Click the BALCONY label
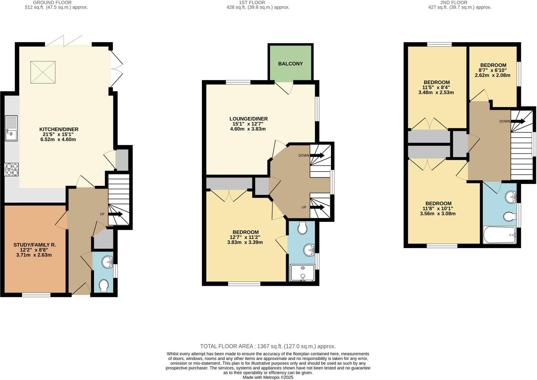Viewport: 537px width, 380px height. coord(290,64)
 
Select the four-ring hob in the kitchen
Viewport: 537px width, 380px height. coord(12,169)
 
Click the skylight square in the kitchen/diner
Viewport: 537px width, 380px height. coord(43,72)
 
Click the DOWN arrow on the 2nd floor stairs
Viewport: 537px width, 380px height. coord(518,121)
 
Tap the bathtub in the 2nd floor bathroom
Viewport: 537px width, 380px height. coord(499,235)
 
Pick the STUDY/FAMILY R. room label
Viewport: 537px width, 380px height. coord(35,245)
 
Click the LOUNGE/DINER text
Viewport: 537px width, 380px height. coord(248,119)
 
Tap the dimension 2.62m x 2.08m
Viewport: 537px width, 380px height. coord(492,75)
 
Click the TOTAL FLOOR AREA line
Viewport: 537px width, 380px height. coord(268,346)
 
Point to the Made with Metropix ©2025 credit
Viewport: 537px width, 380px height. coord(268,377)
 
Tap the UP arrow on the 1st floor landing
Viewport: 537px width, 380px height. coord(317,207)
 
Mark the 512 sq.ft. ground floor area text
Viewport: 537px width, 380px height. coord(56,7)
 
